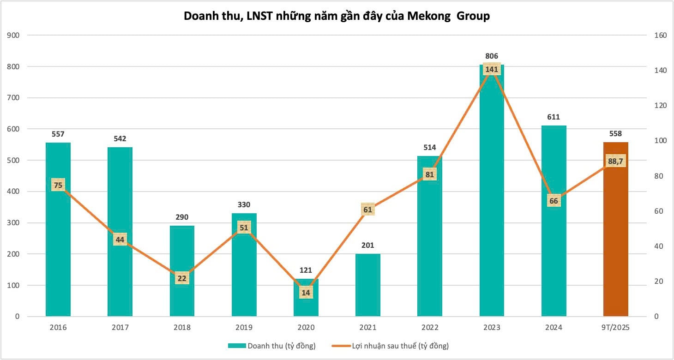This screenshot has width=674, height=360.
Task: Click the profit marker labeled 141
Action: (492, 70)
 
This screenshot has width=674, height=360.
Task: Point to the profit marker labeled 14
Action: (306, 292)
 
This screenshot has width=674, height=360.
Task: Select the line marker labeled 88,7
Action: (615, 161)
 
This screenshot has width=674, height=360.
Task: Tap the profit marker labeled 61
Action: (368, 210)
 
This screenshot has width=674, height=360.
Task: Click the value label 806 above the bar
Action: (492, 56)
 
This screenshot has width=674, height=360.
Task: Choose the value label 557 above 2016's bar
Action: (58, 134)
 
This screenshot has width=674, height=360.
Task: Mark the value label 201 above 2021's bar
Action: (368, 246)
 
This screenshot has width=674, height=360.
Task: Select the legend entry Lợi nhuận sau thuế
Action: (390, 346)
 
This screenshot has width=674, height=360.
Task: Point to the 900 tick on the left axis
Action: (20, 36)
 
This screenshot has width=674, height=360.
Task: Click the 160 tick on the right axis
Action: (655, 36)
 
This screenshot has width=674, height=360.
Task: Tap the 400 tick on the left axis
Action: (20, 192)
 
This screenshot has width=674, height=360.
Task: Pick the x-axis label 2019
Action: (244, 328)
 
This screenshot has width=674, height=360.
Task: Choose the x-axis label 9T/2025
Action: (615, 328)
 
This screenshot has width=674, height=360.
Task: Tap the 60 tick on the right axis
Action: (653, 211)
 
